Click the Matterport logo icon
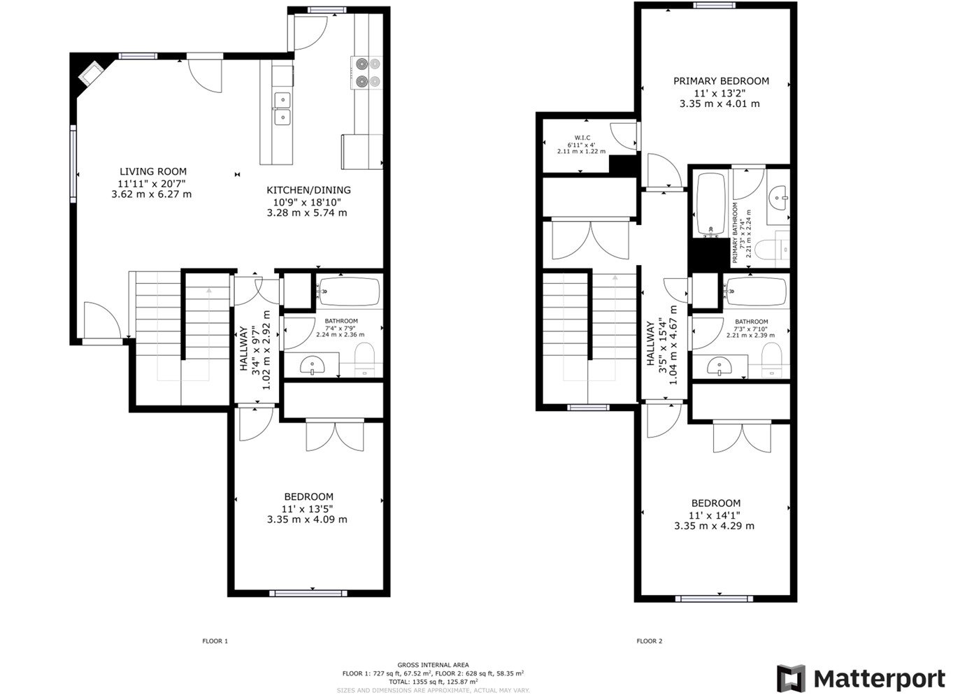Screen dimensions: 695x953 pos(791,678)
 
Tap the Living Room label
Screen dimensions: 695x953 pos(152,171)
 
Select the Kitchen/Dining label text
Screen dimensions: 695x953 pos(308,190)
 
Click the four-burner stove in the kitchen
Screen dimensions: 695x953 pos(368,73)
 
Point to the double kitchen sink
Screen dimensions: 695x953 pos(282,108)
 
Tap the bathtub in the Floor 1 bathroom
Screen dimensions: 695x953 pos(349,292)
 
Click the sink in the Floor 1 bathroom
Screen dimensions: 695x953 pos(312,365)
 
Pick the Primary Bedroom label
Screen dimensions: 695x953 pos(720,81)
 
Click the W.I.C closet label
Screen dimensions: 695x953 pos(582,138)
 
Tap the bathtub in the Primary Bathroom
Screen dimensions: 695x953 pos(710,204)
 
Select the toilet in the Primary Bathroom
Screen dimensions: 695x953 pos(775,248)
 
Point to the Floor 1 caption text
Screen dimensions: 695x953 pos(215,641)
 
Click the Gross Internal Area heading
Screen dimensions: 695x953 pos(433,665)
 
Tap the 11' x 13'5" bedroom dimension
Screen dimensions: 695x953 pos(307,508)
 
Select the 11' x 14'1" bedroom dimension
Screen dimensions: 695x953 pos(715,515)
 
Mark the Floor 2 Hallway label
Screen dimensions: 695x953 pos(650,343)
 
